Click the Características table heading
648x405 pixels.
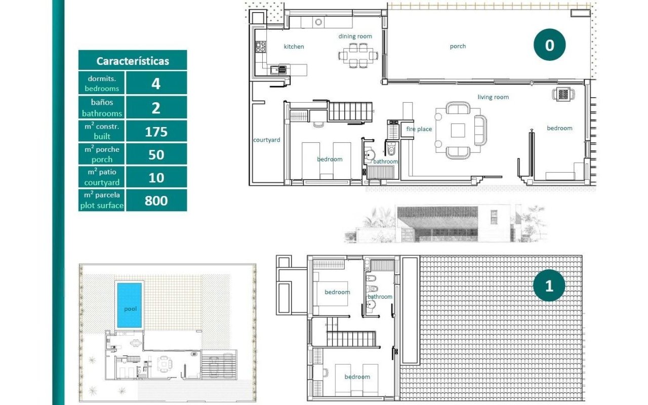point(133,61)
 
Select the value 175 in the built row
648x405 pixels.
point(156,132)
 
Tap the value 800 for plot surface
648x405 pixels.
point(156,200)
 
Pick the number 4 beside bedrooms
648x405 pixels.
point(156,84)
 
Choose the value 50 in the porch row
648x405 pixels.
point(156,155)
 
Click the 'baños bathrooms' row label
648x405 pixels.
point(102,108)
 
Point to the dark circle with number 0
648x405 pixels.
point(549,45)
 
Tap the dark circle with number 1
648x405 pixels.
point(549,286)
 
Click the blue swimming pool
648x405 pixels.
point(129,305)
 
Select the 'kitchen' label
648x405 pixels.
point(294,47)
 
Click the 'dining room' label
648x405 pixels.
point(355,36)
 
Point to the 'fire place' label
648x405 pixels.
point(419,129)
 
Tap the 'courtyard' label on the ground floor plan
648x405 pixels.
point(266,140)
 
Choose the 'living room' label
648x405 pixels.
point(493,97)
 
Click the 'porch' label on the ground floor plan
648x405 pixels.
point(458,46)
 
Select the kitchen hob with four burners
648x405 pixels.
point(260,47)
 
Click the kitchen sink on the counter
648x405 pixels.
point(278,70)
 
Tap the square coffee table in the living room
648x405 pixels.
point(458,131)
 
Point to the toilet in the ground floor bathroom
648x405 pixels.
point(391,149)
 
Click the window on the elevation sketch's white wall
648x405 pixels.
point(494,217)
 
